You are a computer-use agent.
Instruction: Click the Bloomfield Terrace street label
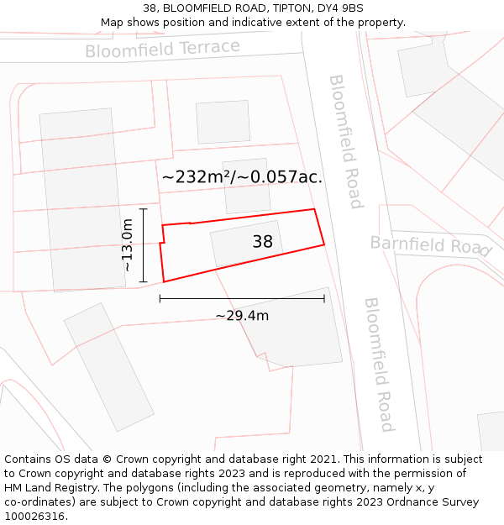(162, 49)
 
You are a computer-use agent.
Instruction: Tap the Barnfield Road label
(430, 245)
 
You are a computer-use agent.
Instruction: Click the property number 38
(262, 242)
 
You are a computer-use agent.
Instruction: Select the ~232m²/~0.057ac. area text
(242, 177)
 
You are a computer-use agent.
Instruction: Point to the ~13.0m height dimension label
(127, 244)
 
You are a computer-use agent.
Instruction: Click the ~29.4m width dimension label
(242, 316)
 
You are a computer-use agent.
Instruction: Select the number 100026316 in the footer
(36, 517)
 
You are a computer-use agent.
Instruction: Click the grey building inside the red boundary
(235, 245)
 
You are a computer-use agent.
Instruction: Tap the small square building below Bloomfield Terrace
(223, 122)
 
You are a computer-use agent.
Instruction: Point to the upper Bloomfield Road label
(345, 141)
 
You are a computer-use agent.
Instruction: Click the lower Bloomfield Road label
(379, 364)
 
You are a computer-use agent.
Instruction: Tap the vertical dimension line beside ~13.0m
(144, 244)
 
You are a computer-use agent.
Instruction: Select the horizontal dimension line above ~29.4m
(242, 298)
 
